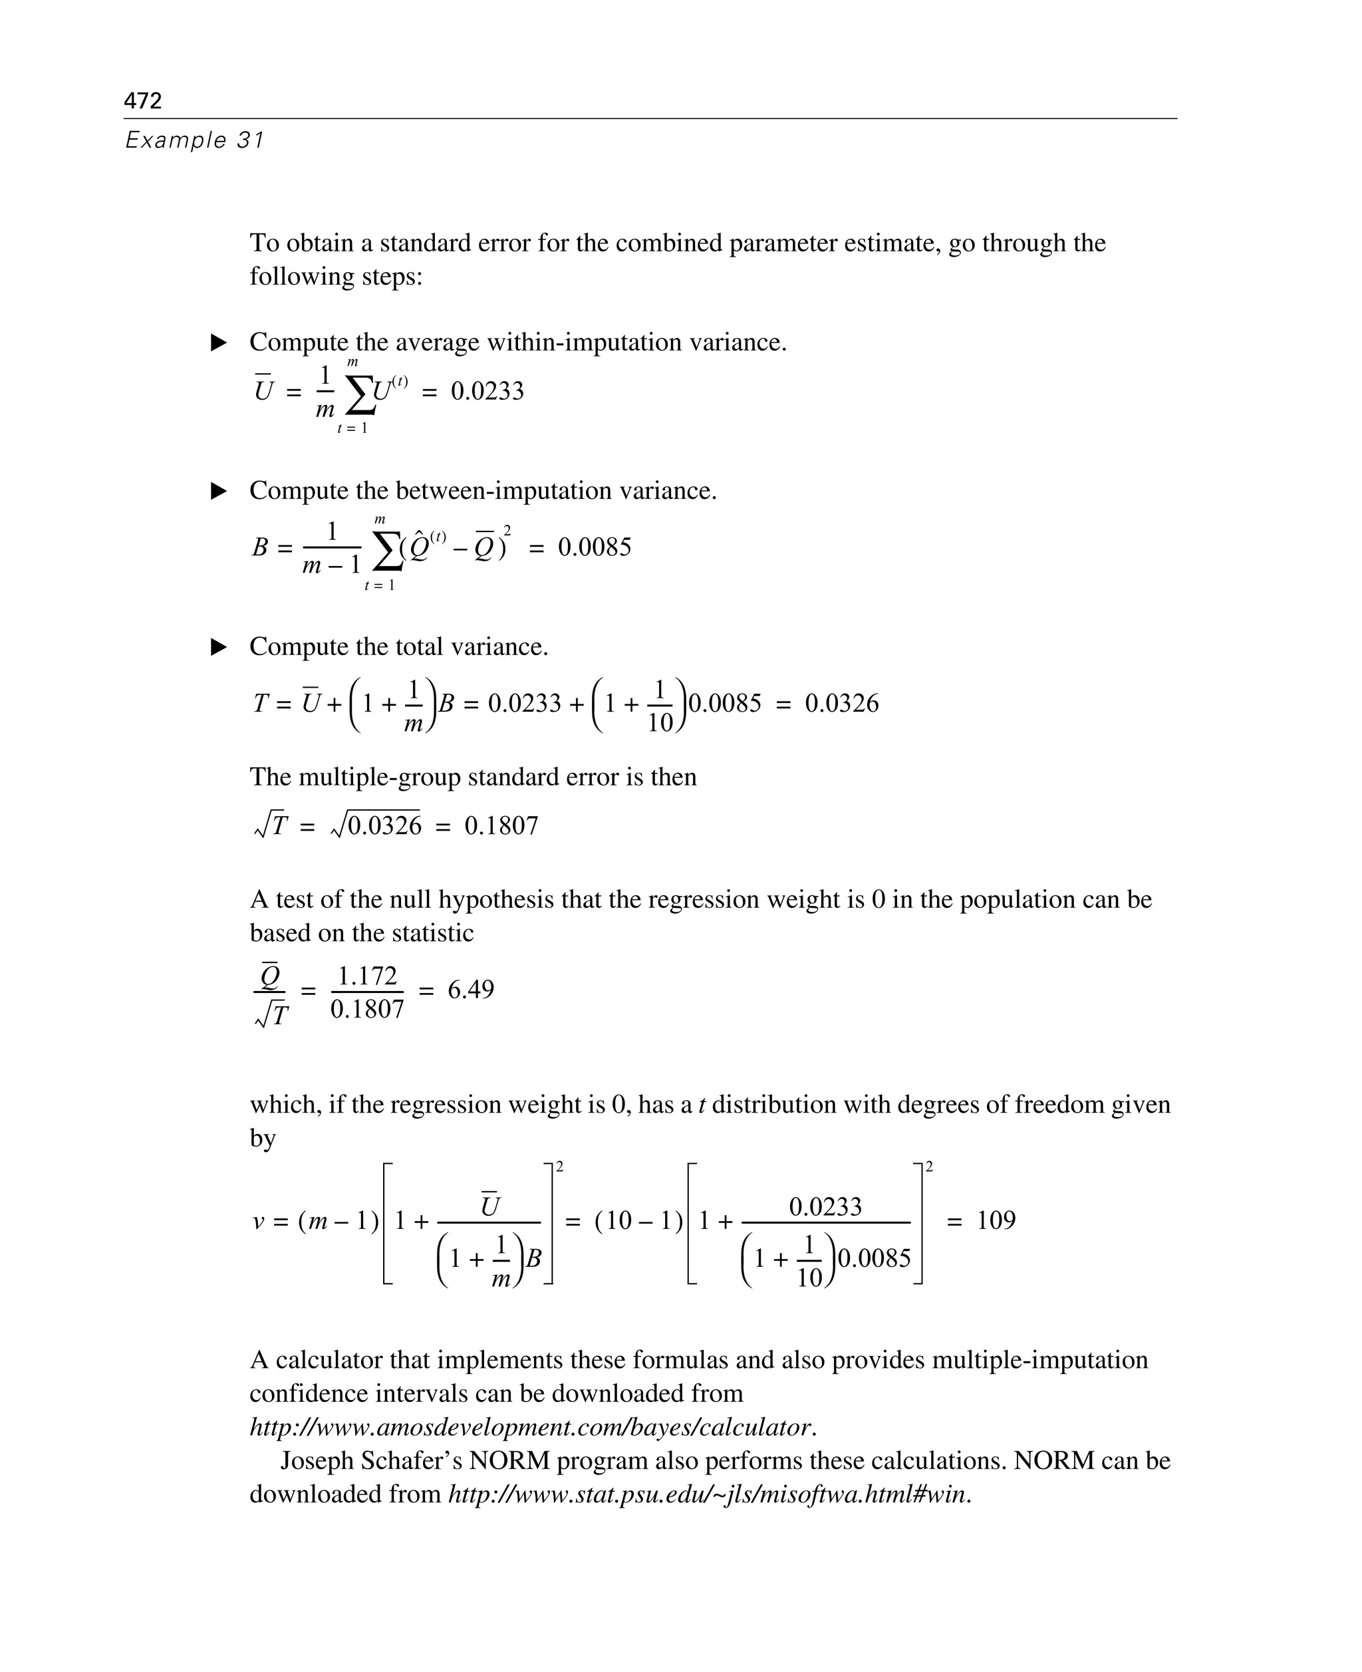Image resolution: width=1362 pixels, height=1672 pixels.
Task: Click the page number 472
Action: tap(143, 100)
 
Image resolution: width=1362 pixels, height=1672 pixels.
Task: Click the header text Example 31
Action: tap(195, 140)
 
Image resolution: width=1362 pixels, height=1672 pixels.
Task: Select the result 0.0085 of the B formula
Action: tap(594, 547)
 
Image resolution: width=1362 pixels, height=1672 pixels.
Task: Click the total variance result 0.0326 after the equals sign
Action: tap(841, 703)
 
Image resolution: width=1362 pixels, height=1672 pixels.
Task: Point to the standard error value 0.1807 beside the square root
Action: tap(501, 825)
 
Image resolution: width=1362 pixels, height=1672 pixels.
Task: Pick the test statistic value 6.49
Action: tap(471, 990)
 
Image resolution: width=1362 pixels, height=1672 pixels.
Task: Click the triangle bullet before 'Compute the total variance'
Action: tap(219, 647)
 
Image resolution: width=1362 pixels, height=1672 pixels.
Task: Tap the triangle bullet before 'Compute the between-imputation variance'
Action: tap(219, 491)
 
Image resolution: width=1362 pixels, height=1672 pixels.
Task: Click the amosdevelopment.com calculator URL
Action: tap(530, 1427)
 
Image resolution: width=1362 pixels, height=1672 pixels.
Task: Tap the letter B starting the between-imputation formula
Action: tap(259, 547)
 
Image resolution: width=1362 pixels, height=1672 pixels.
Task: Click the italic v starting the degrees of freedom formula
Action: tap(259, 1222)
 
